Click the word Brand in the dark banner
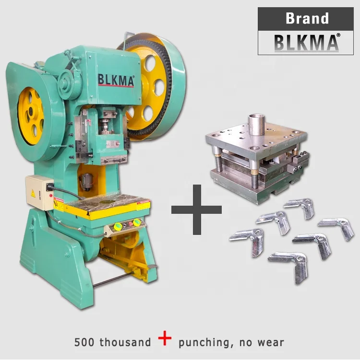point(307,18)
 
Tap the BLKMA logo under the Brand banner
point(306,43)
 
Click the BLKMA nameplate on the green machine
point(116,80)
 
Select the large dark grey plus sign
point(197,210)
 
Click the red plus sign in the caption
point(165,338)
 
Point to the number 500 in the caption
point(84,342)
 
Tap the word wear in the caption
point(271,343)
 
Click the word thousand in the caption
point(125,342)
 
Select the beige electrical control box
point(39,192)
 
